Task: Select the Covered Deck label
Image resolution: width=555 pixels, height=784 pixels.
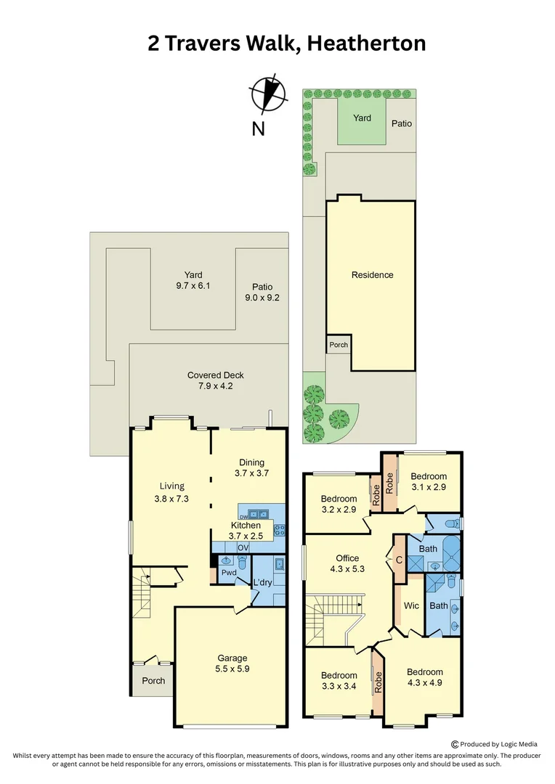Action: (216, 380)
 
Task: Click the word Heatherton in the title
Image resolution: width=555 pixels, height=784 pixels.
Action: (366, 44)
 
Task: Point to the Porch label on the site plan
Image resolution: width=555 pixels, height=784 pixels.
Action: (339, 345)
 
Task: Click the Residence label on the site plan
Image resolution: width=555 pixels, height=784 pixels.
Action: (372, 275)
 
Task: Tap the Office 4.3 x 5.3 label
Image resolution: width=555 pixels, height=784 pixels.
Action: (347, 563)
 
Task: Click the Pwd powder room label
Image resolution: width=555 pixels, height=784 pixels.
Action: (229, 573)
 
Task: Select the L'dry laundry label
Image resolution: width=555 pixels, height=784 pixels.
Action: (262, 583)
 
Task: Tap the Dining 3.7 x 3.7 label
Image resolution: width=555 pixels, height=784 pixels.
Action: (252, 467)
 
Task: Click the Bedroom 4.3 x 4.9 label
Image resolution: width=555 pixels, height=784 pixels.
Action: (424, 677)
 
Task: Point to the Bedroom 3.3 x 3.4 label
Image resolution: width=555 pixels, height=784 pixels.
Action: (339, 681)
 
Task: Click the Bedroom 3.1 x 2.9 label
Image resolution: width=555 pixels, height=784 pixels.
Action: (429, 482)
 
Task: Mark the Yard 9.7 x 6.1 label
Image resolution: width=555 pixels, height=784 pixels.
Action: (193, 280)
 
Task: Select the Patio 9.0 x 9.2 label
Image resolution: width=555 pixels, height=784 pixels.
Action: (262, 292)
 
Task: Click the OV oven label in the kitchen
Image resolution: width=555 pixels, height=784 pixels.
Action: (243, 547)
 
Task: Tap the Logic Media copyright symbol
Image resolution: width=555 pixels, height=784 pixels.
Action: (455, 743)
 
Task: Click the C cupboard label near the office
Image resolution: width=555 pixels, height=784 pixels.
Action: (399, 560)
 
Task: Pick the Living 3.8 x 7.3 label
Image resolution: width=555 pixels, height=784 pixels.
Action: (172, 492)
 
